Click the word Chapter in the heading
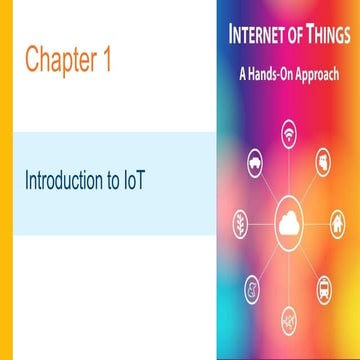point(60,60)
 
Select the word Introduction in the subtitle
point(67,183)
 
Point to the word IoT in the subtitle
point(149,183)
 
